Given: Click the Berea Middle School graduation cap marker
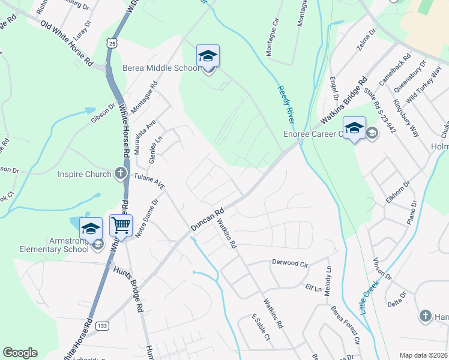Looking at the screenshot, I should [x=208, y=56].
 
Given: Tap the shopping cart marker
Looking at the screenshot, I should [x=121, y=226].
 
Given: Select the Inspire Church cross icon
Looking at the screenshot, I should [x=120, y=174].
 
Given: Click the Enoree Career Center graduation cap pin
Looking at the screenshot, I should [x=354, y=128].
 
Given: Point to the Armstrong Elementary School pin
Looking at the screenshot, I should [x=91, y=227].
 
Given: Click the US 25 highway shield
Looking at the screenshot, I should [x=110, y=43].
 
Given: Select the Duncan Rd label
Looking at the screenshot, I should [x=207, y=219].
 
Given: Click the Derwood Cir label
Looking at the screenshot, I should [x=290, y=263].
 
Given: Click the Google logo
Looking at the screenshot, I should [x=20, y=353].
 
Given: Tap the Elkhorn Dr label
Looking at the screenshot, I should [x=397, y=190].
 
